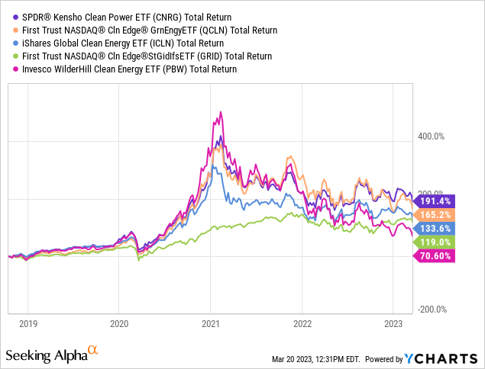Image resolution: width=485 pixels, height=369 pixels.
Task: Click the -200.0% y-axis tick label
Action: click(432, 310)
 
